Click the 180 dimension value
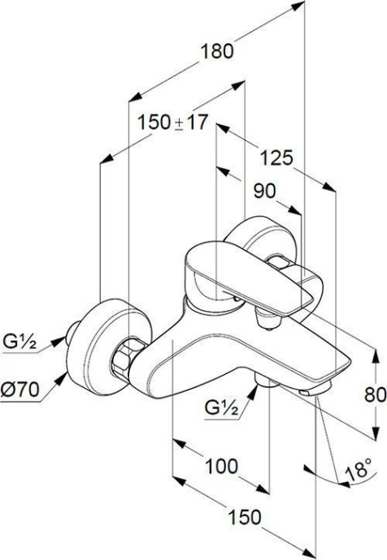coord(217,51)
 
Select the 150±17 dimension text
coord(172,123)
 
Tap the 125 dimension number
coord(276,157)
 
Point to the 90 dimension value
coord(265,192)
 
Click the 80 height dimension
coord(376,395)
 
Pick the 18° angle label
coord(359,469)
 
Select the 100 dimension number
coord(221,466)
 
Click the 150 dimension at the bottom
coord(245,517)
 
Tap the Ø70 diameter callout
coord(20,390)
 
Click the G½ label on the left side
coord(20,342)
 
